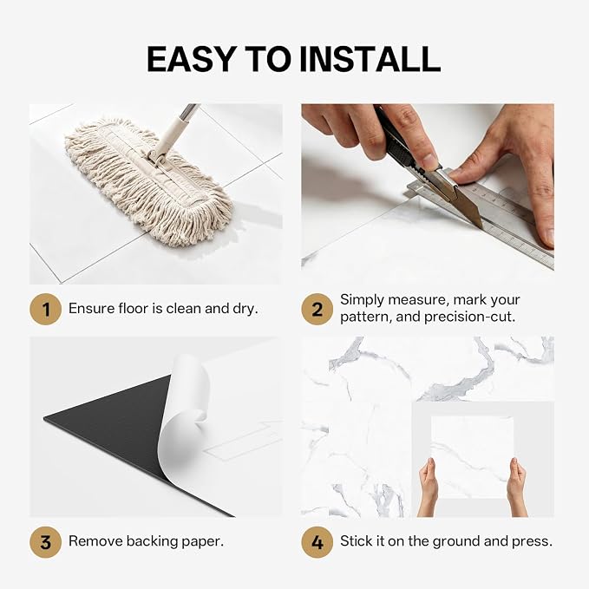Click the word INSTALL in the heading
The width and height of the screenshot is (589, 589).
coord(370,59)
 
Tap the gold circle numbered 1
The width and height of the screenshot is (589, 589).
coord(45,309)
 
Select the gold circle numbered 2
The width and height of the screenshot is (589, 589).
coord(317,309)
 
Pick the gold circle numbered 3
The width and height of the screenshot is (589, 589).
coord(45,542)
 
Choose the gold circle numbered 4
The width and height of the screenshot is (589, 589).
coord(317,542)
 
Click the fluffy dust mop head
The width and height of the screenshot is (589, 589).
coord(148,182)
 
